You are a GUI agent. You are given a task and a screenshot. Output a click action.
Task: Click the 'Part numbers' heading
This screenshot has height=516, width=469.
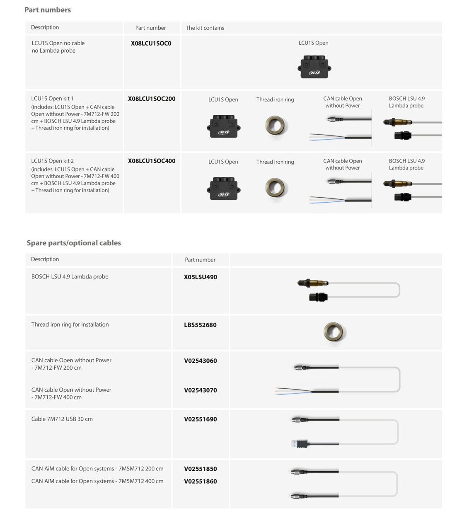48,10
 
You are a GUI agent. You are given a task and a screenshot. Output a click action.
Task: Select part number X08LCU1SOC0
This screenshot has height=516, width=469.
151,43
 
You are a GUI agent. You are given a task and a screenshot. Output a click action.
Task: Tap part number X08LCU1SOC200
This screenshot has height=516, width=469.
152,99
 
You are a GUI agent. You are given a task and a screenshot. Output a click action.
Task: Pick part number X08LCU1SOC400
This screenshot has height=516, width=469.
152,161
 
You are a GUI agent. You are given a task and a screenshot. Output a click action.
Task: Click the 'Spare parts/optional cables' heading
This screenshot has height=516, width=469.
74,243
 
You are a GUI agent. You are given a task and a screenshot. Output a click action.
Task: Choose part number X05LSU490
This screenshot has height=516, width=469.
201,277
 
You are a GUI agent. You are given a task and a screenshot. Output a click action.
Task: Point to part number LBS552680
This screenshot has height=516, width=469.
200,325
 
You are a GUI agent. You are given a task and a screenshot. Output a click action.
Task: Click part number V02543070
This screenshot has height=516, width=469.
201,390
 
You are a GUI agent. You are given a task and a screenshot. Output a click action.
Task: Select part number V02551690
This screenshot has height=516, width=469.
201,419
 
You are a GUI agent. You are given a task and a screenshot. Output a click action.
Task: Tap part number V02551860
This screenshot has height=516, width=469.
201,481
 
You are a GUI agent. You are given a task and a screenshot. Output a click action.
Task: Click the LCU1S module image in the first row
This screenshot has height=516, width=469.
314,67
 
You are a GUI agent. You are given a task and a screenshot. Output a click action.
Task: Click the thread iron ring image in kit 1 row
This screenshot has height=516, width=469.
275,126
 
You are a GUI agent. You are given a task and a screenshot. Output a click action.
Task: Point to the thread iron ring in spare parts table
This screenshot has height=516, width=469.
334,332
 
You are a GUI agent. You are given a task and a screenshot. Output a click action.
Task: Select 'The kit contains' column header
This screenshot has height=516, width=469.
205,28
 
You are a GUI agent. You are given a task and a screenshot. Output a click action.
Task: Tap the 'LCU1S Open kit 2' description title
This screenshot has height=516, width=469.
52,161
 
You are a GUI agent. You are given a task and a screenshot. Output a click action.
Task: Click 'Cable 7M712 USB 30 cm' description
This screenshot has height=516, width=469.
62,419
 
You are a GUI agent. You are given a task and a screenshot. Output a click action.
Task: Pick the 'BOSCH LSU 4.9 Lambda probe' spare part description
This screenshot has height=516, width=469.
70,276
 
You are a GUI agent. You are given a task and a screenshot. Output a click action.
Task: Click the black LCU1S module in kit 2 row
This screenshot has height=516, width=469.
223,189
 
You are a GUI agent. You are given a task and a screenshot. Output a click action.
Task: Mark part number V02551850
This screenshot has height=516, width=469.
201,469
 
